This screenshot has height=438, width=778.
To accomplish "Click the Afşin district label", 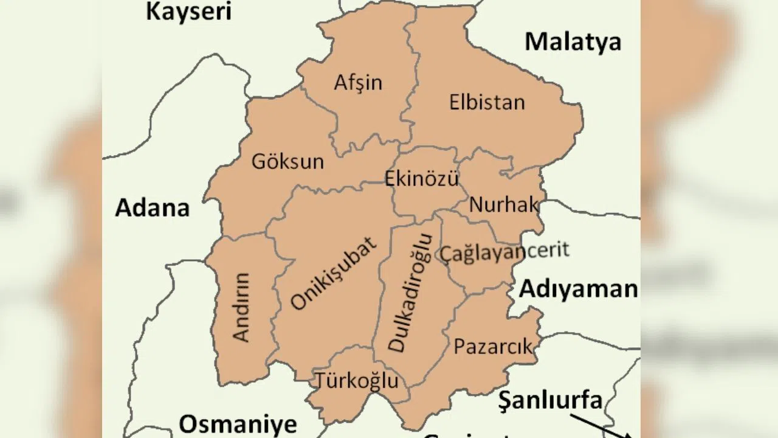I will click(358, 82).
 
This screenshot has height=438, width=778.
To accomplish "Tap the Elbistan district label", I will click(487, 102).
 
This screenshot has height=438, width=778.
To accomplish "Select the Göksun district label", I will click(287, 162).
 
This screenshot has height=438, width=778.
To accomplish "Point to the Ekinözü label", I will click(421, 178).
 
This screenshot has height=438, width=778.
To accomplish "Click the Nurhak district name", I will click(504, 205).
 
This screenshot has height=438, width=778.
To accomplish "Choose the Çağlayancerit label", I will click(504, 251).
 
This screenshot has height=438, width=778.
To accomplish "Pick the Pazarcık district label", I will click(493, 347).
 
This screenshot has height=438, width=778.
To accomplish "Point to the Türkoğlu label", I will click(357, 381).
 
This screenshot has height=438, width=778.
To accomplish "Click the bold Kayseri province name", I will click(189, 11).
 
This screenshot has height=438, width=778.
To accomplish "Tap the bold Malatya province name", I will click(573, 42).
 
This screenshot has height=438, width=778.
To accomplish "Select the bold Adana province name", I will click(153, 208).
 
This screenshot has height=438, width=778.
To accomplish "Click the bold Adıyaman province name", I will click(578, 290).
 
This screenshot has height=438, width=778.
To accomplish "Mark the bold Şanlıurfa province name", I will click(550, 400).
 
